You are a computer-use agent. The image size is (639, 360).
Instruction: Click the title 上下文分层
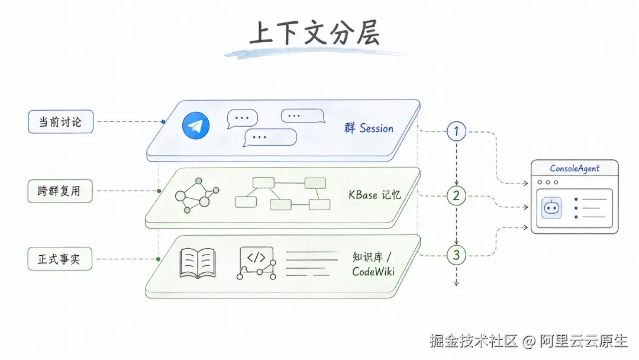pyautogui.click(x=315, y=33)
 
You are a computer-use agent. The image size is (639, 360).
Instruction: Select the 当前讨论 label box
pyautogui.click(x=61, y=121)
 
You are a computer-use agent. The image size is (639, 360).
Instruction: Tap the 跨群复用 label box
pyautogui.click(x=60, y=191)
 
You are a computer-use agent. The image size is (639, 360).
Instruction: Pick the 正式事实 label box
pyautogui.click(x=60, y=259)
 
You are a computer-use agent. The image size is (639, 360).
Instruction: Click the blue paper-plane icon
pyautogui.click(x=196, y=126)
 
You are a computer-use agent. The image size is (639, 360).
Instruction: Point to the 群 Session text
pyautogui.click(x=369, y=128)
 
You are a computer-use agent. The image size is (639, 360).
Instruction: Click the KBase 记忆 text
pyautogui.click(x=375, y=195)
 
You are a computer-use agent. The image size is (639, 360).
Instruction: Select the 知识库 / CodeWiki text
pyautogui.click(x=373, y=264)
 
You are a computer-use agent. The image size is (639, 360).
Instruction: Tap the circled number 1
pyautogui.click(x=456, y=131)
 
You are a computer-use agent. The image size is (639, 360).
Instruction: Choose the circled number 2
pyautogui.click(x=456, y=196)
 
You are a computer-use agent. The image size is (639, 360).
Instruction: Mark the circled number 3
pyautogui.click(x=456, y=255)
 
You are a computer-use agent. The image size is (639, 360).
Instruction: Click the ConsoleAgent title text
pyautogui.click(x=575, y=168)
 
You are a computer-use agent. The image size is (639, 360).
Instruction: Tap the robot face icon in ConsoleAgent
pyautogui.click(x=552, y=208)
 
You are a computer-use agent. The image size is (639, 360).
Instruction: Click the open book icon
pyautogui.click(x=198, y=263)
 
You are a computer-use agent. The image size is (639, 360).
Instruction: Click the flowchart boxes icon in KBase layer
pyautogui.click(x=282, y=193)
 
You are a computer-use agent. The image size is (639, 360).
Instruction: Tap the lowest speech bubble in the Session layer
pyautogui.click(x=270, y=137)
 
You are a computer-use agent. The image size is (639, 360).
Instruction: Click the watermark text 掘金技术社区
pyautogui.click(x=473, y=340)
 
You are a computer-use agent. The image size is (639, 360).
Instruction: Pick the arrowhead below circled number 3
pyautogui.click(x=456, y=283)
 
